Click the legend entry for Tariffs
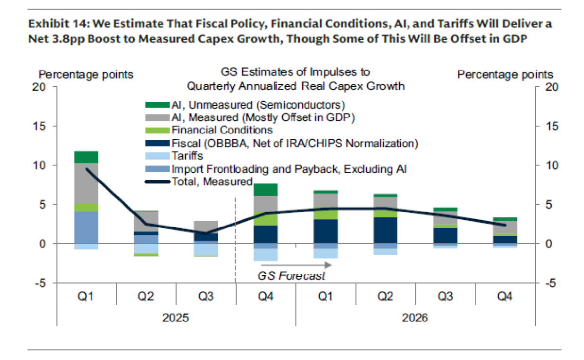[x=187, y=156]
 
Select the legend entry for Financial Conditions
[x=222, y=130]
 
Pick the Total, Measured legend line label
[x=212, y=182]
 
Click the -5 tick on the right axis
[x=549, y=283]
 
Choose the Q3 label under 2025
[x=205, y=296]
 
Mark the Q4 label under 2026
[x=505, y=296]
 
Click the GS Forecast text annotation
[x=291, y=276]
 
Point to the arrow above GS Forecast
[x=295, y=265]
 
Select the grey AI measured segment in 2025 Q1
[x=86, y=184]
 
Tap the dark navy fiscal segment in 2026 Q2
[x=385, y=230]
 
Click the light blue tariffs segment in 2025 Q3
[x=205, y=249]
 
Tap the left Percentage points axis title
[x=86, y=75]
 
